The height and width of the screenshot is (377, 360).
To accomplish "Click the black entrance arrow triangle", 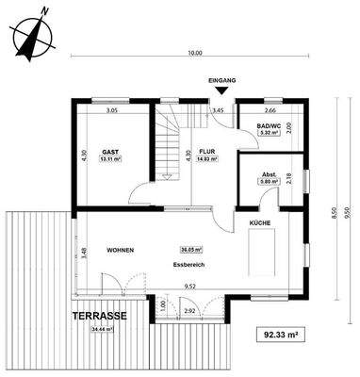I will click(221, 91).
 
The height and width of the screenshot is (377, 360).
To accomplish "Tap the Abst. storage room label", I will click(268, 175).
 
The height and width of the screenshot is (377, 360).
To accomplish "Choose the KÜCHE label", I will click(260, 222).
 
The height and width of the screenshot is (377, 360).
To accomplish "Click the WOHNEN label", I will click(119, 250).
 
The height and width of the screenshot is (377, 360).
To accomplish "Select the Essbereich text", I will click(188, 266).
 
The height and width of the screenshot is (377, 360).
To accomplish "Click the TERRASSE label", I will click(93, 317).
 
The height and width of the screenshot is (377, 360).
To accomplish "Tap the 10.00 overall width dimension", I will click(194, 54).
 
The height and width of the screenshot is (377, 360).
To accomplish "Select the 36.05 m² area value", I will click(191, 250).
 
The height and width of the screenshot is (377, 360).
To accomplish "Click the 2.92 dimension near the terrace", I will click(188, 309).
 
